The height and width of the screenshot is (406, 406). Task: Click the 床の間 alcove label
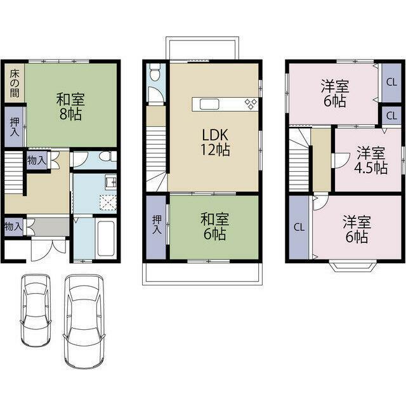tap(15, 84)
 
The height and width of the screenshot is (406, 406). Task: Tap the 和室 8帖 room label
tap(70, 107)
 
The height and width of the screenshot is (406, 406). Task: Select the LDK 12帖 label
tap(215, 143)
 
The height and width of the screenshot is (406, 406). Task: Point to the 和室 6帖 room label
tap(214, 226)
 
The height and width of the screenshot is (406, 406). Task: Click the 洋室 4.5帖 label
tap(370, 160)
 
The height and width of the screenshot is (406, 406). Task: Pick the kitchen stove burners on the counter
tap(251, 104)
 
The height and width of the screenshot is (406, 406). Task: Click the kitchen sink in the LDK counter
tap(209, 104)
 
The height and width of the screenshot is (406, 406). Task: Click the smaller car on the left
tap(36, 310)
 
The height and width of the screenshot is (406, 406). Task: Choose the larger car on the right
tap(84, 321)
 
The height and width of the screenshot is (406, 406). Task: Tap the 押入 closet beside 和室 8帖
tap(15, 127)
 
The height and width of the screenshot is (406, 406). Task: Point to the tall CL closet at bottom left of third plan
tap(299, 227)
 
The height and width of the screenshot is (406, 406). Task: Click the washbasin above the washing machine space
tap(110, 182)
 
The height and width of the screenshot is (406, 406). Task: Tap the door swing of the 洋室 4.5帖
tap(340, 160)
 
